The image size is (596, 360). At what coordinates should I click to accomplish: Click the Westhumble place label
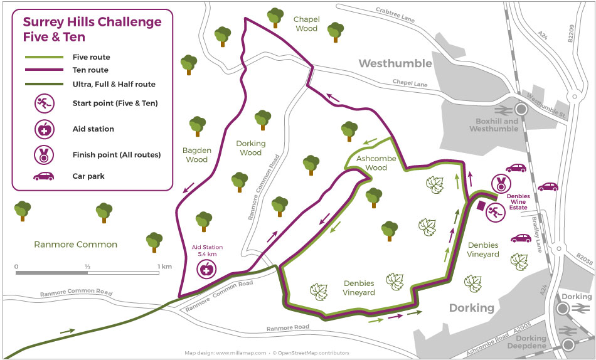coord(395,63)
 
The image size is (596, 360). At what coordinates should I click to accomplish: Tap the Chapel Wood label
coord(306,24)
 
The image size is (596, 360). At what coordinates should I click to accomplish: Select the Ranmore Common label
coord(76,244)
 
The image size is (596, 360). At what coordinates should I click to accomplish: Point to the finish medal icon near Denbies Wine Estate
coord(501,184)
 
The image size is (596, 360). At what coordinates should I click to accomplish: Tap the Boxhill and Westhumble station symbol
coord(521,108)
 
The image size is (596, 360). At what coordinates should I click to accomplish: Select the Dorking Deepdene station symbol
coord(568,344)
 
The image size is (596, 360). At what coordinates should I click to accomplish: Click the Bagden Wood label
coord(197,155)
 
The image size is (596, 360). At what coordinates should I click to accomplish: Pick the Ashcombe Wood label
coord(376,163)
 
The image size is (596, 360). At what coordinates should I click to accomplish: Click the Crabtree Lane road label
coord(395,14)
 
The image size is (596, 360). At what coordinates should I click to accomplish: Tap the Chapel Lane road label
coord(410,82)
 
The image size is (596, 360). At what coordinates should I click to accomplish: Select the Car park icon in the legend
coord(43,176)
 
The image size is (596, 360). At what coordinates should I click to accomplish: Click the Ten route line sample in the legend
coord(43,70)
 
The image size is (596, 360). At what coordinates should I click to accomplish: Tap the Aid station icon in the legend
coord(43,129)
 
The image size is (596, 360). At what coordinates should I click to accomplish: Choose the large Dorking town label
coord(472,308)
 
